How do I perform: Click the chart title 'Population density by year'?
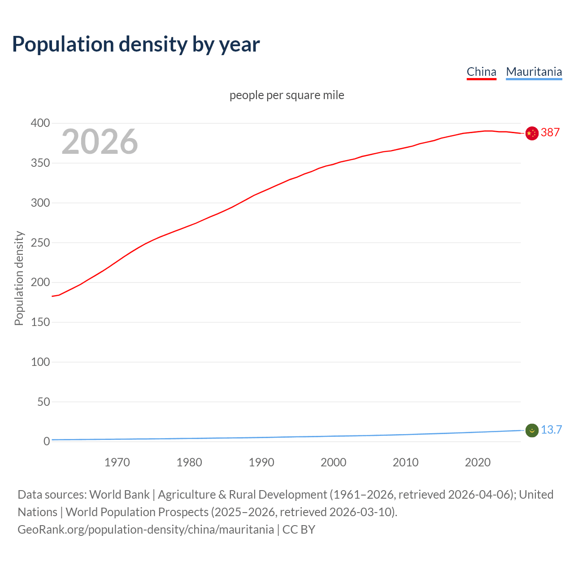point(136,44)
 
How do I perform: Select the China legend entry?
point(481,72)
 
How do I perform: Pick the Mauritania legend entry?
point(534,72)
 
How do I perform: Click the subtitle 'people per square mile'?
point(287,95)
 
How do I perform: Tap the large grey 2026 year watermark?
point(100,142)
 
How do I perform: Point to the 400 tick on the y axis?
point(40,123)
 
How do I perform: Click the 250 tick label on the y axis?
point(40,243)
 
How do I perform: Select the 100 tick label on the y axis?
point(40,362)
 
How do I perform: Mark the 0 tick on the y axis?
point(47,441)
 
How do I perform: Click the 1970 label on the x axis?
point(117,462)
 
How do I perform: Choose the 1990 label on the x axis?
point(261,462)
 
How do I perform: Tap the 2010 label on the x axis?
point(405,462)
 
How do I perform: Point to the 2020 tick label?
point(478,462)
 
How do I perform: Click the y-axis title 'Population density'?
point(19,278)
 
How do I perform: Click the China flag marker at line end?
point(532,133)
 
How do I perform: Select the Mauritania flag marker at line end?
point(532,430)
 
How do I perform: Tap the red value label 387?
point(550,132)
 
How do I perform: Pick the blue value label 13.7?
point(551,430)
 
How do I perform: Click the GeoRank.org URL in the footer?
point(146,530)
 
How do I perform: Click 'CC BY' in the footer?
point(299,530)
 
